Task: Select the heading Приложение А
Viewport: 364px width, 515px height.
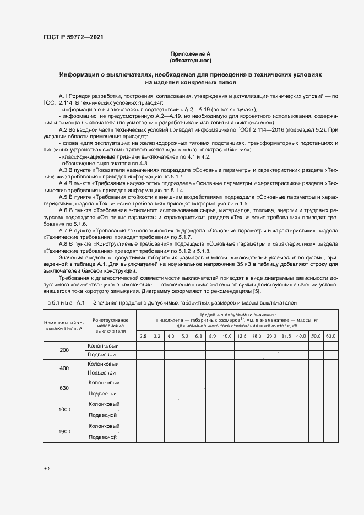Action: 191,53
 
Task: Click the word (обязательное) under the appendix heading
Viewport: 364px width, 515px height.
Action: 191,60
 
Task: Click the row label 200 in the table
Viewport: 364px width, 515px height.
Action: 64,350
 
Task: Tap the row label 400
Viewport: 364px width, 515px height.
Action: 64,368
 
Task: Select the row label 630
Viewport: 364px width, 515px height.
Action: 64,388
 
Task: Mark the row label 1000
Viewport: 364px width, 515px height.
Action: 64,409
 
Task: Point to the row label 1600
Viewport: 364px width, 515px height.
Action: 64,431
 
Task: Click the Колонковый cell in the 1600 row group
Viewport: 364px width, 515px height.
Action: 104,426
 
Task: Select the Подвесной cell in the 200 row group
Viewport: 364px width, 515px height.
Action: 101,355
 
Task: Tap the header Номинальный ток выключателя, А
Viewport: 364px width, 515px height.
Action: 64,326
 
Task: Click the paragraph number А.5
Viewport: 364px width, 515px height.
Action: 65,196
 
